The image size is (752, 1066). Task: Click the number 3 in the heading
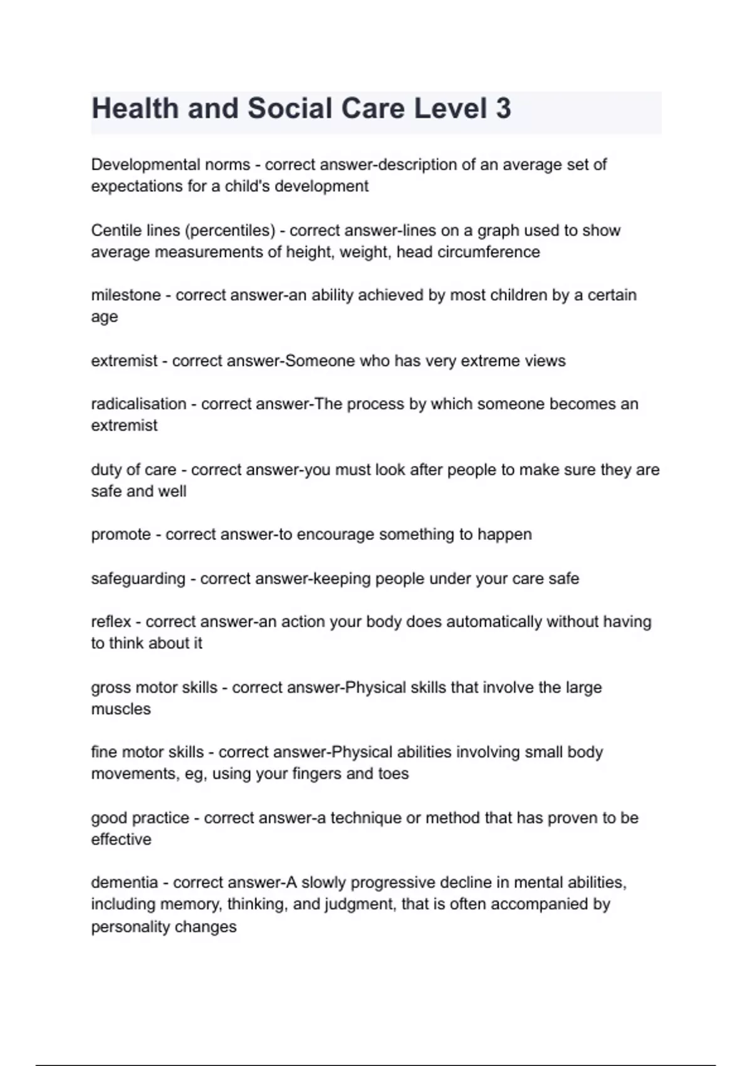[503, 108]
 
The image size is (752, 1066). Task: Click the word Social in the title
[290, 108]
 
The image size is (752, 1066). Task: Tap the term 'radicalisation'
[138, 404]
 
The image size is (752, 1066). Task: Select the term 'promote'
[121, 535]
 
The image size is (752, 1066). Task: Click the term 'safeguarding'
[138, 579]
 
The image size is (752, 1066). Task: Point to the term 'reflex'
[111, 622]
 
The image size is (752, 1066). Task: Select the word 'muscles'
[121, 709]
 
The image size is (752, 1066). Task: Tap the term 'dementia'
[124, 883]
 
